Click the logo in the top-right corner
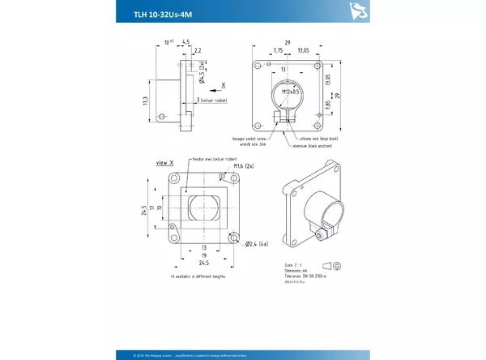(x=355, y=10)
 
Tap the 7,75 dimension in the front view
(x=278, y=50)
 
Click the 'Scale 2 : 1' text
(x=283, y=264)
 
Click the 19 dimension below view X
(x=204, y=255)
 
